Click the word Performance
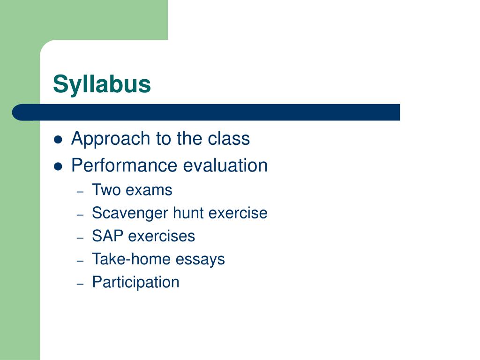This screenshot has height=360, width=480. coord(125,165)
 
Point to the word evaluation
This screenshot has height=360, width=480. coord(225,165)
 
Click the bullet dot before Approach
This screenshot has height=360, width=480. coord(58,140)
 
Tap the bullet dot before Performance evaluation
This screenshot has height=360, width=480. coord(58,167)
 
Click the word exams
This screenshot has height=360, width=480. coord(149,190)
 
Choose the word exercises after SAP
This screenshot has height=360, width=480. coord(161,236)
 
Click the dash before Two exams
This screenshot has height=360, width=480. coord(80,192)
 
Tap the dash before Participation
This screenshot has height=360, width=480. coord(80,284)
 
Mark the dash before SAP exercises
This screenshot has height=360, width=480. coord(80,238)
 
